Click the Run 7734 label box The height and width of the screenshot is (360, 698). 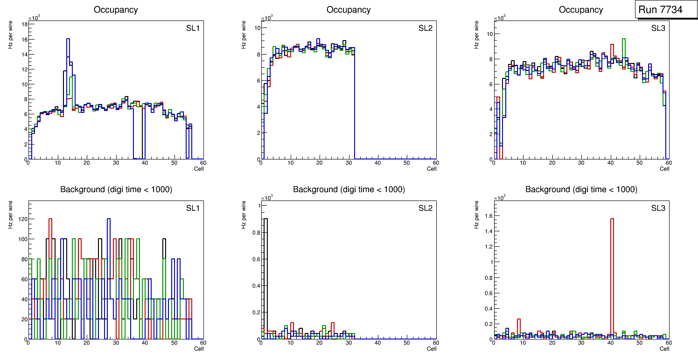coord(667,10)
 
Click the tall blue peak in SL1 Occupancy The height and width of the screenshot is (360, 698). coord(68,40)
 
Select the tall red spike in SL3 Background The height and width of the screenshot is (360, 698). coord(612,219)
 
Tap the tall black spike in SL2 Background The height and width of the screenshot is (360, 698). coord(265,219)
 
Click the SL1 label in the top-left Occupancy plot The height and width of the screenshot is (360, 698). coord(193,28)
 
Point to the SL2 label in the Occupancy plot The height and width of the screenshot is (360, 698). coord(425,28)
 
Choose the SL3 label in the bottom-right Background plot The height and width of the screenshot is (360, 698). coord(658,208)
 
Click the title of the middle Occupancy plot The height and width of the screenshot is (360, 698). coord(349,10)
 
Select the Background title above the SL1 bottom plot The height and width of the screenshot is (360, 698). coord(116,189)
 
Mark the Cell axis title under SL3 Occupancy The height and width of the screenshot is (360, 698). coord(664,169)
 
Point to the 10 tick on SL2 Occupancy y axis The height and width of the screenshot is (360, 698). coord(256,28)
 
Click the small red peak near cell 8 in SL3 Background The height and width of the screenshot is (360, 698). coord(519,319)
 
